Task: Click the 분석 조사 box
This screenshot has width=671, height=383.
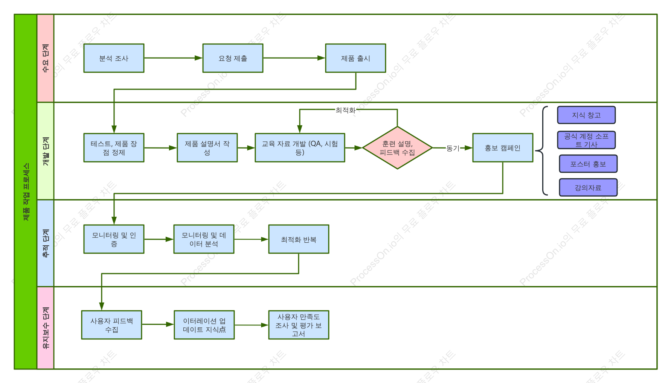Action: click(114, 58)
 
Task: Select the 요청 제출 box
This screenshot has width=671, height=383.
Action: click(233, 58)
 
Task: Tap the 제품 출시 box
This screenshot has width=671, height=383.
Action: click(355, 58)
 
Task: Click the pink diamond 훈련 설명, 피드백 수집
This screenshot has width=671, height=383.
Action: click(397, 148)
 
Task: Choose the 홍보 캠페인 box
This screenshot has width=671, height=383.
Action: click(503, 148)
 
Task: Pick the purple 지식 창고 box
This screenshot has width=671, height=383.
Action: click(586, 115)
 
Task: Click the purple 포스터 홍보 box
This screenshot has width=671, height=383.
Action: click(588, 164)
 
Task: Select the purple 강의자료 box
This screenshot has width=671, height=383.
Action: click(588, 188)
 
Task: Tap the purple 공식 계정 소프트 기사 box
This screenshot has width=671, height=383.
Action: click(586, 140)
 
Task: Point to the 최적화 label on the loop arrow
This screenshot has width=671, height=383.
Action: click(346, 110)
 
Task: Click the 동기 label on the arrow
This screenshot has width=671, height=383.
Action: click(453, 148)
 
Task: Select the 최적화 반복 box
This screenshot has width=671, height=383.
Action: click(299, 239)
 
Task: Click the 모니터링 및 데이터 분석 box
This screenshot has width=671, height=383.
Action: click(204, 239)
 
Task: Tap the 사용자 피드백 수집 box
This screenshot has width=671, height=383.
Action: click(111, 325)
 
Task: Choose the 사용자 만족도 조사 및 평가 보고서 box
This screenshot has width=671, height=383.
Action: click(299, 325)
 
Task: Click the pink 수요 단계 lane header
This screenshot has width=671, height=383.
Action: click(46, 58)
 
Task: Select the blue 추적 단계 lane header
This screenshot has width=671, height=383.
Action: click(46, 243)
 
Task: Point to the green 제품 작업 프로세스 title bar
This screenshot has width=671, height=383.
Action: click(26, 192)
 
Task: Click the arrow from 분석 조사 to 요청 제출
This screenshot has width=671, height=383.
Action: click(173, 58)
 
